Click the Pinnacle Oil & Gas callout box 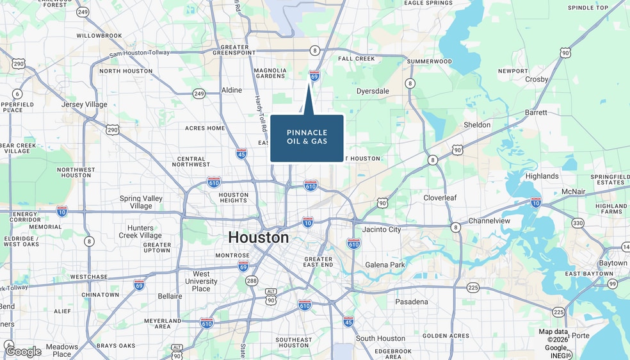pyautogui.click(x=307, y=137)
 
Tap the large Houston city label pyautogui.click(x=259, y=238)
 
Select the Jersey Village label pyautogui.click(x=85, y=104)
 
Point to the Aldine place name pyautogui.click(x=232, y=90)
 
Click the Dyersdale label pyautogui.click(x=373, y=91)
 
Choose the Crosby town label pyautogui.click(x=537, y=79)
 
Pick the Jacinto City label pyautogui.click(x=382, y=229)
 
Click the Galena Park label pyautogui.click(x=385, y=265)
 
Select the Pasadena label pyautogui.click(x=412, y=302)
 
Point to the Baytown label pyautogui.click(x=613, y=263)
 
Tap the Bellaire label pyautogui.click(x=170, y=296)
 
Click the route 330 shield pyautogui.click(x=578, y=223)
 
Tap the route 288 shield pyautogui.click(x=252, y=281)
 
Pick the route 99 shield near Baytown pyautogui.click(x=613, y=284)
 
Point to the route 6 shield pyautogui.click(x=17, y=94)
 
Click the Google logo pyautogui.click(x=24, y=351)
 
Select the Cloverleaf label pyautogui.click(x=440, y=198)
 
